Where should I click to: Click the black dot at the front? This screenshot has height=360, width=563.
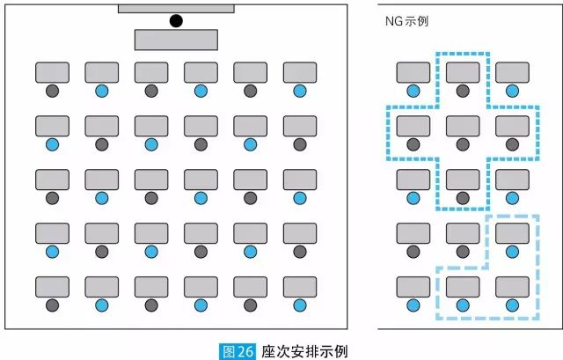[176, 20]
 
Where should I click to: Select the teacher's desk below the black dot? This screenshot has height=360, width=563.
[176, 40]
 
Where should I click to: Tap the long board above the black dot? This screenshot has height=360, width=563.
[176, 8]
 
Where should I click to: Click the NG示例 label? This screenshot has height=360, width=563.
[413, 19]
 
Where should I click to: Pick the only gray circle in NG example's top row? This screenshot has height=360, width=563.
[463, 90]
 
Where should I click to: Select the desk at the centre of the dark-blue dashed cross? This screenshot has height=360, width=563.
[463, 126]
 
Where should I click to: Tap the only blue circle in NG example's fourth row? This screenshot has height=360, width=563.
[512, 252]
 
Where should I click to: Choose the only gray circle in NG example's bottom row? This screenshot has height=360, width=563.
[413, 305]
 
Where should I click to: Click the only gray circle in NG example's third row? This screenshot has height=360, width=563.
[463, 197]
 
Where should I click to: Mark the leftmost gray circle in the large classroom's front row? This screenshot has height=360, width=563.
[52, 90]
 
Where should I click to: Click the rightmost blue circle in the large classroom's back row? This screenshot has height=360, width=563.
[300, 305]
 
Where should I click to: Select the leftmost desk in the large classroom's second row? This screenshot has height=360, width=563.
[52, 126]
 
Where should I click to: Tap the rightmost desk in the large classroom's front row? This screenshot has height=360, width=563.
[300, 72]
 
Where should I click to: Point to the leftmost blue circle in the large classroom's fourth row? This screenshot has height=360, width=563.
[52, 252]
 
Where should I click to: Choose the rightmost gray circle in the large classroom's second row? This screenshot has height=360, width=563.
[300, 144]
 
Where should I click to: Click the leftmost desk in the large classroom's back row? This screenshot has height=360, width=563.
[52, 287]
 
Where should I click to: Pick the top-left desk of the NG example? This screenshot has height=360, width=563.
[413, 72]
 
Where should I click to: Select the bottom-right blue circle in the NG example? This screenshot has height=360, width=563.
[512, 305]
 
